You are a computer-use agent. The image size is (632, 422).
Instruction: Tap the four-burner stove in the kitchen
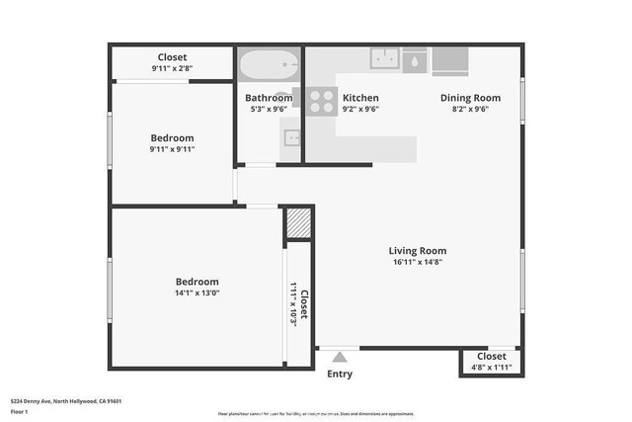coord(320,99)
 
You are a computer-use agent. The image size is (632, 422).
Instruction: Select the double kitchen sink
coord(384,58)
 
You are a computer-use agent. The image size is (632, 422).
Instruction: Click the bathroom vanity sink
coord(292,137)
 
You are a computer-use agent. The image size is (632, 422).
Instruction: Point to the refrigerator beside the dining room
coord(450,59)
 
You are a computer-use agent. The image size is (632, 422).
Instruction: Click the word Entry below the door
coord(339,375)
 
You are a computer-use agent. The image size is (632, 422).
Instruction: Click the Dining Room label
coord(470,98)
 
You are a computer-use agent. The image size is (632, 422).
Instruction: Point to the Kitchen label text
coord(360,98)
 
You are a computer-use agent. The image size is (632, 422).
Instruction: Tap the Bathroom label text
coord(269,98)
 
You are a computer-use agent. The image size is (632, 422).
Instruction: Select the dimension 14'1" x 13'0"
coord(197,294)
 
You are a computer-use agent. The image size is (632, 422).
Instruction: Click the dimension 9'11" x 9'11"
coord(172,149)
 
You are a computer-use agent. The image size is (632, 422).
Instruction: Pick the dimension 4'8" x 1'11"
coord(492,368)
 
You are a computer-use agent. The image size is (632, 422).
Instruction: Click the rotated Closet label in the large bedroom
coord(304,302)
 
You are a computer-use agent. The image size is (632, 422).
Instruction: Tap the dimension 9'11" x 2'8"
coord(172,69)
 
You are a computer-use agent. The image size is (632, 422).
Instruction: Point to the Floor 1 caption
coord(20,411)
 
